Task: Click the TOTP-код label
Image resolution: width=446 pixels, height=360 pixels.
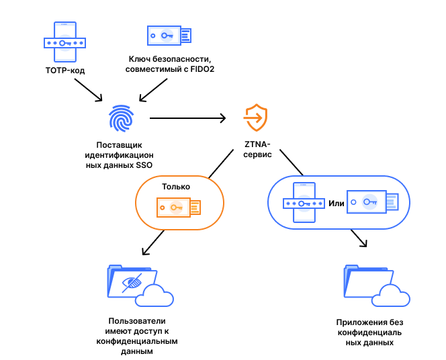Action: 65,71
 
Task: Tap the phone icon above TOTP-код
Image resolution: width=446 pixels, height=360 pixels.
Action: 65,42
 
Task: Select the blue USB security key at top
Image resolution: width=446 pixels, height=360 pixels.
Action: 169,36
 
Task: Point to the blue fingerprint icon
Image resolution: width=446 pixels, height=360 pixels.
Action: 122,118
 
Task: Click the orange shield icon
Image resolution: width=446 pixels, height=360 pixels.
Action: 256,118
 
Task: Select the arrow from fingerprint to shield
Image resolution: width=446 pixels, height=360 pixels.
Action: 187,118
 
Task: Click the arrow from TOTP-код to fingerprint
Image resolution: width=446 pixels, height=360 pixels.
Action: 89,90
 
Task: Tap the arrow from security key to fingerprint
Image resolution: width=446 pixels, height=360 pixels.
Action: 153,90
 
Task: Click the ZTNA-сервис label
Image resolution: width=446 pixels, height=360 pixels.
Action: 257,149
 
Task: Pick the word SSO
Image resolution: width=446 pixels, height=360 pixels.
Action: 144,165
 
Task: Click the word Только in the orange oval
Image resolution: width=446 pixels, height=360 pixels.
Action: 176,187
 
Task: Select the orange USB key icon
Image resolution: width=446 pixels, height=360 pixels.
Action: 179,208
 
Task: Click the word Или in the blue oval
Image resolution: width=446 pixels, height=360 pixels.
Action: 337,204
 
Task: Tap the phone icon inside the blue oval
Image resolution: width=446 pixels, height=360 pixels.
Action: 304,202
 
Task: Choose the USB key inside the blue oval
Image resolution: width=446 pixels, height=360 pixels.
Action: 373,202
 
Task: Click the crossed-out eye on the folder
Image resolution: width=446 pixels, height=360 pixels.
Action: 132,283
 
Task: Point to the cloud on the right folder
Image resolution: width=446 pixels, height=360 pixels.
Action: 391,295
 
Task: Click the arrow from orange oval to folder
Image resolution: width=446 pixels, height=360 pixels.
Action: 153,242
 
